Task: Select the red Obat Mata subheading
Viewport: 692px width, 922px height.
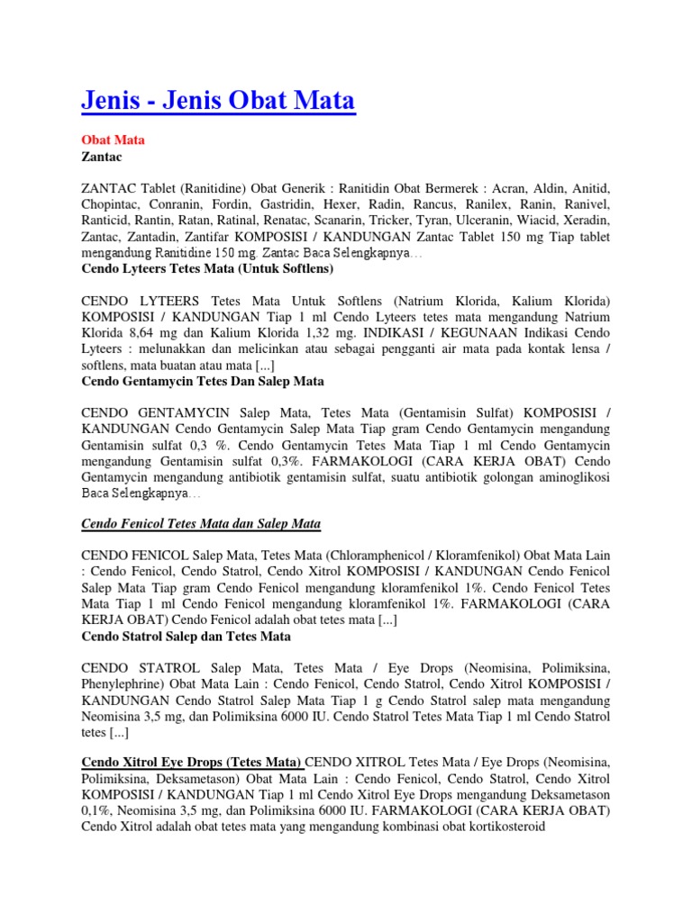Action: (113, 140)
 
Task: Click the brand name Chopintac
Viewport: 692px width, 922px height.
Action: (114, 204)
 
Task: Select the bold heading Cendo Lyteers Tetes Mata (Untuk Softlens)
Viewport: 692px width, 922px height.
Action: (207, 268)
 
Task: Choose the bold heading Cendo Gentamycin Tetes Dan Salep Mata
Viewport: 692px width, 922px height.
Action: (203, 381)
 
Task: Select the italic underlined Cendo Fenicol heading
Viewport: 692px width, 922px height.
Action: (202, 524)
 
